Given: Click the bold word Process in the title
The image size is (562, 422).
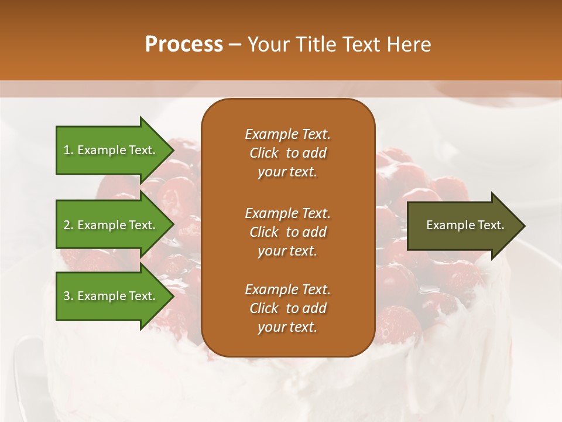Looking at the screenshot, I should [184, 45].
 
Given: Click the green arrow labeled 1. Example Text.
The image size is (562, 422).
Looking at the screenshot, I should [111, 150].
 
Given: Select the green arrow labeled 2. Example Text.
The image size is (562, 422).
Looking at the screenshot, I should [111, 225].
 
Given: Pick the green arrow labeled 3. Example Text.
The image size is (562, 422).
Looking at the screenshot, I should [111, 296].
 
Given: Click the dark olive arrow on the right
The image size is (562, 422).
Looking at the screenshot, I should [462, 226].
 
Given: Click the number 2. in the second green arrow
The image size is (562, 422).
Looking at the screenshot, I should [68, 225].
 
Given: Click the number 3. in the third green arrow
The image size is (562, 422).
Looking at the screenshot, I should [68, 296].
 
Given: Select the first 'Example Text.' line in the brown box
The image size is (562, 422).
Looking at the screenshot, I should [287, 134].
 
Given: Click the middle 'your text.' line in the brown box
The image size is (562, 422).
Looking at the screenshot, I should [287, 251].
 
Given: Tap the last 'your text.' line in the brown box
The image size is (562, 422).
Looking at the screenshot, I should [287, 328].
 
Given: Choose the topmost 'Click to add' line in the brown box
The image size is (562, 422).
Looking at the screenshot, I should [287, 153].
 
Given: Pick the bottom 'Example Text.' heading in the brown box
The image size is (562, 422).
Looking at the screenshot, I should [287, 290].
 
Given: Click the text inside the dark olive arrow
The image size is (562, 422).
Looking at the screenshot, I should [465, 225].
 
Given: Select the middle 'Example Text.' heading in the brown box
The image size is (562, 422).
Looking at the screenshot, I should [287, 213].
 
